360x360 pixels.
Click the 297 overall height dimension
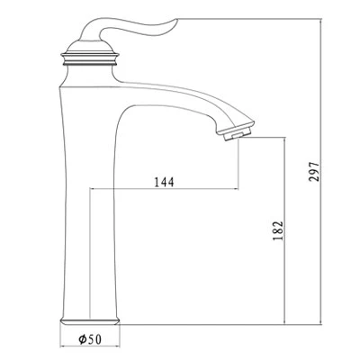click(x=314, y=172)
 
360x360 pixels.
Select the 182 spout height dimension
click(x=278, y=231)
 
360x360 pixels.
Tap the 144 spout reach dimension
click(x=164, y=182)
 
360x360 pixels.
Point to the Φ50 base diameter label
click(x=90, y=339)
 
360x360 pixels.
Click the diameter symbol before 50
click(x=83, y=339)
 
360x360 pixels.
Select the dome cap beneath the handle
click(x=90, y=47)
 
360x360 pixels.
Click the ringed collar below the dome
click(x=90, y=59)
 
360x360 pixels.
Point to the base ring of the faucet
click(x=90, y=320)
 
